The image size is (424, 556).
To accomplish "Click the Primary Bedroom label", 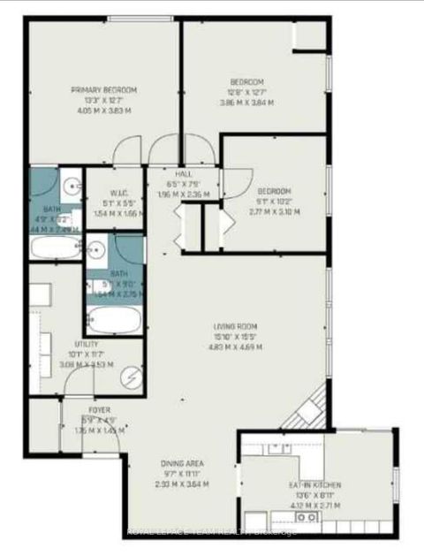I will click(x=104, y=89).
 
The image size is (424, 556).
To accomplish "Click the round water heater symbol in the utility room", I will click(x=132, y=377).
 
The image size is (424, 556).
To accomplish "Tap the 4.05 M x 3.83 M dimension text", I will click(x=104, y=111).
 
